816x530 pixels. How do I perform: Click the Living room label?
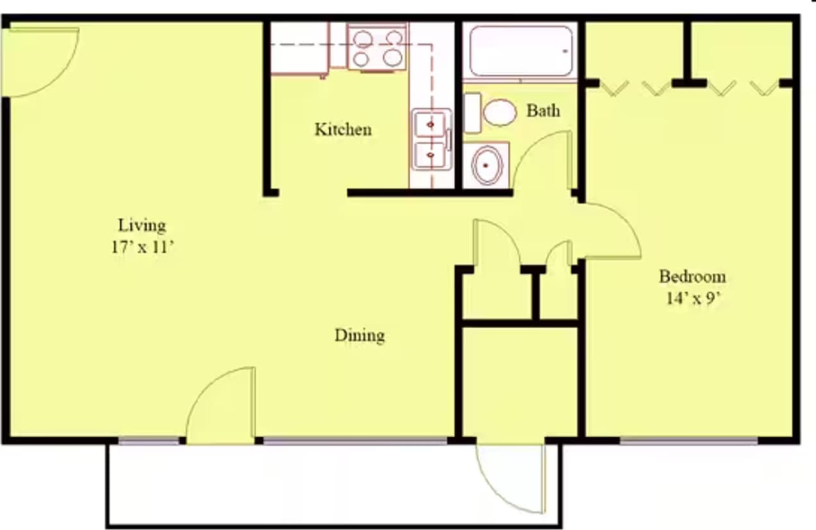click(x=142, y=225)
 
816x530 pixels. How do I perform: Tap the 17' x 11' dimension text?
click(x=142, y=247)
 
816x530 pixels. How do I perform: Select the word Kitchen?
click(x=343, y=130)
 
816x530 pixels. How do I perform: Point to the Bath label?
click(x=543, y=110)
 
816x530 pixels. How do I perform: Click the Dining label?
click(x=360, y=335)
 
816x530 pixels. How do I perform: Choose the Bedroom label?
click(x=692, y=277)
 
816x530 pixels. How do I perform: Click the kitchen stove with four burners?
click(x=378, y=48)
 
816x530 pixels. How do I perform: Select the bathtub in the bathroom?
click(x=520, y=51)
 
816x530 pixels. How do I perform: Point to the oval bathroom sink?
click(x=487, y=165)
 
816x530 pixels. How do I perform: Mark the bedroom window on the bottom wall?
click(x=688, y=441)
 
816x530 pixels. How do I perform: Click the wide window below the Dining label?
click(x=355, y=441)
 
